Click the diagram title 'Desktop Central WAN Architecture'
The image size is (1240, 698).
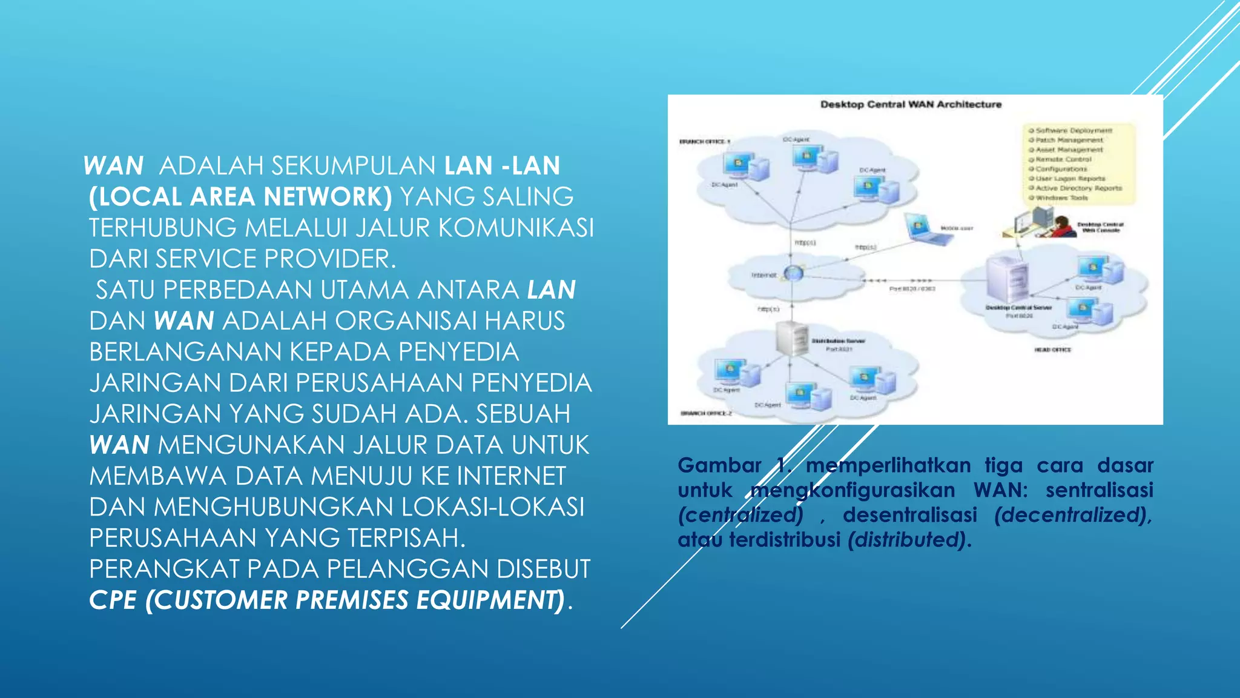(x=911, y=104)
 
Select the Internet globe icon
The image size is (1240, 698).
(x=793, y=273)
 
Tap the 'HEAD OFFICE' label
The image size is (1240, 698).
(x=1052, y=350)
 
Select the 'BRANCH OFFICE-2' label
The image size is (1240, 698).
(x=706, y=413)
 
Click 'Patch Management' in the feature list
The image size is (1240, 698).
(x=1069, y=140)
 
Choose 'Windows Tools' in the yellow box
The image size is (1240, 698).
(x=1061, y=198)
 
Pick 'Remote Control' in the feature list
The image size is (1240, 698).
(x=1063, y=159)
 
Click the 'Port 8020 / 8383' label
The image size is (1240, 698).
(x=912, y=289)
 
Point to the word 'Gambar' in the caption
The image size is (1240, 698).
(x=719, y=465)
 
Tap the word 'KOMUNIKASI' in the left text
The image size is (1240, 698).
(x=516, y=228)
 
